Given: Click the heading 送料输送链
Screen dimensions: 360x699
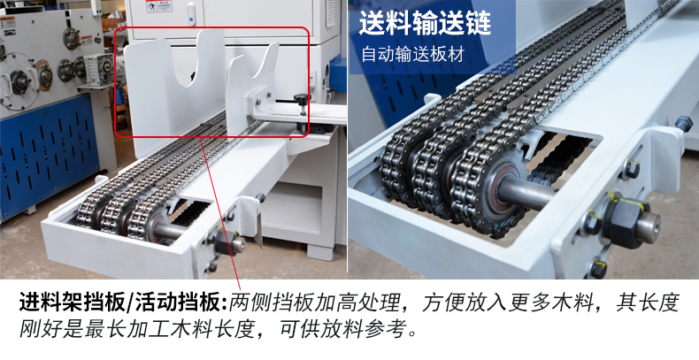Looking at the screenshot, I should click(424, 23).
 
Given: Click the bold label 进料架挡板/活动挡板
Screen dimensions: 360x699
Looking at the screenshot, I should click(123, 303).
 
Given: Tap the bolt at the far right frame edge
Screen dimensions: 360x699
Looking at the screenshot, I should click(683, 125).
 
